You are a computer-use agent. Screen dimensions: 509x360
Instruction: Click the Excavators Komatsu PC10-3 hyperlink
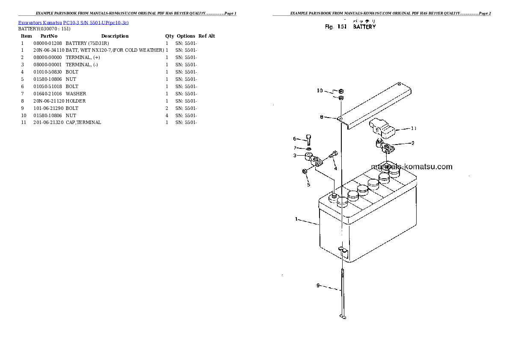pyautogui.click(x=73, y=22)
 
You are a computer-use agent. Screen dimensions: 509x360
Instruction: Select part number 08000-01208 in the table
pyautogui.click(x=47, y=43)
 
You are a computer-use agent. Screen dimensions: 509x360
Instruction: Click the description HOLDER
pyautogui.click(x=76, y=101)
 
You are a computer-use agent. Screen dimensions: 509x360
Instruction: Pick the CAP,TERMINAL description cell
pyautogui.click(x=83, y=122)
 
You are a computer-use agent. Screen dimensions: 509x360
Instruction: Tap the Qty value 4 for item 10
pyautogui.click(x=167, y=115)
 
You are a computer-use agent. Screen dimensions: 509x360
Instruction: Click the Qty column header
pyautogui.click(x=170, y=36)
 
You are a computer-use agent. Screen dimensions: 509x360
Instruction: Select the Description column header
pyautogui.click(x=115, y=36)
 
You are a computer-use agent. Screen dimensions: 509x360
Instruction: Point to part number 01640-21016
pyautogui.click(x=47, y=94)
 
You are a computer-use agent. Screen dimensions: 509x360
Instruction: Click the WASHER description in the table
pyautogui.click(x=76, y=94)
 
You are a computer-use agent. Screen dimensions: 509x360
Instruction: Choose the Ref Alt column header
pyautogui.click(x=207, y=36)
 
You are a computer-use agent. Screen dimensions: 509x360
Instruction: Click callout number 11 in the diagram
pyautogui.click(x=414, y=128)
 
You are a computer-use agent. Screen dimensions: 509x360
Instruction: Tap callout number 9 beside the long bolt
pyautogui.click(x=318, y=285)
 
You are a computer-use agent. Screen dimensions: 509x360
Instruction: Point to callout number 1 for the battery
pyautogui.click(x=296, y=219)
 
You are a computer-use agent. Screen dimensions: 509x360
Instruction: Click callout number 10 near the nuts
pyautogui.click(x=320, y=91)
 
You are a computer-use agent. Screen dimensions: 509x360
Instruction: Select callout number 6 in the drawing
pyautogui.click(x=294, y=139)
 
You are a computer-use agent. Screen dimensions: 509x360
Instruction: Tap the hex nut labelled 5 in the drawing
pyautogui.click(x=305, y=171)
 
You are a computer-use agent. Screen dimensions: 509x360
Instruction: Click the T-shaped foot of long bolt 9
pyautogui.click(x=343, y=317)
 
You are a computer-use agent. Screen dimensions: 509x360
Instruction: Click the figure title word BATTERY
pyautogui.click(x=364, y=27)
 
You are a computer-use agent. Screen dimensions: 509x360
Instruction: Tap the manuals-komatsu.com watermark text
pyautogui.click(x=411, y=167)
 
